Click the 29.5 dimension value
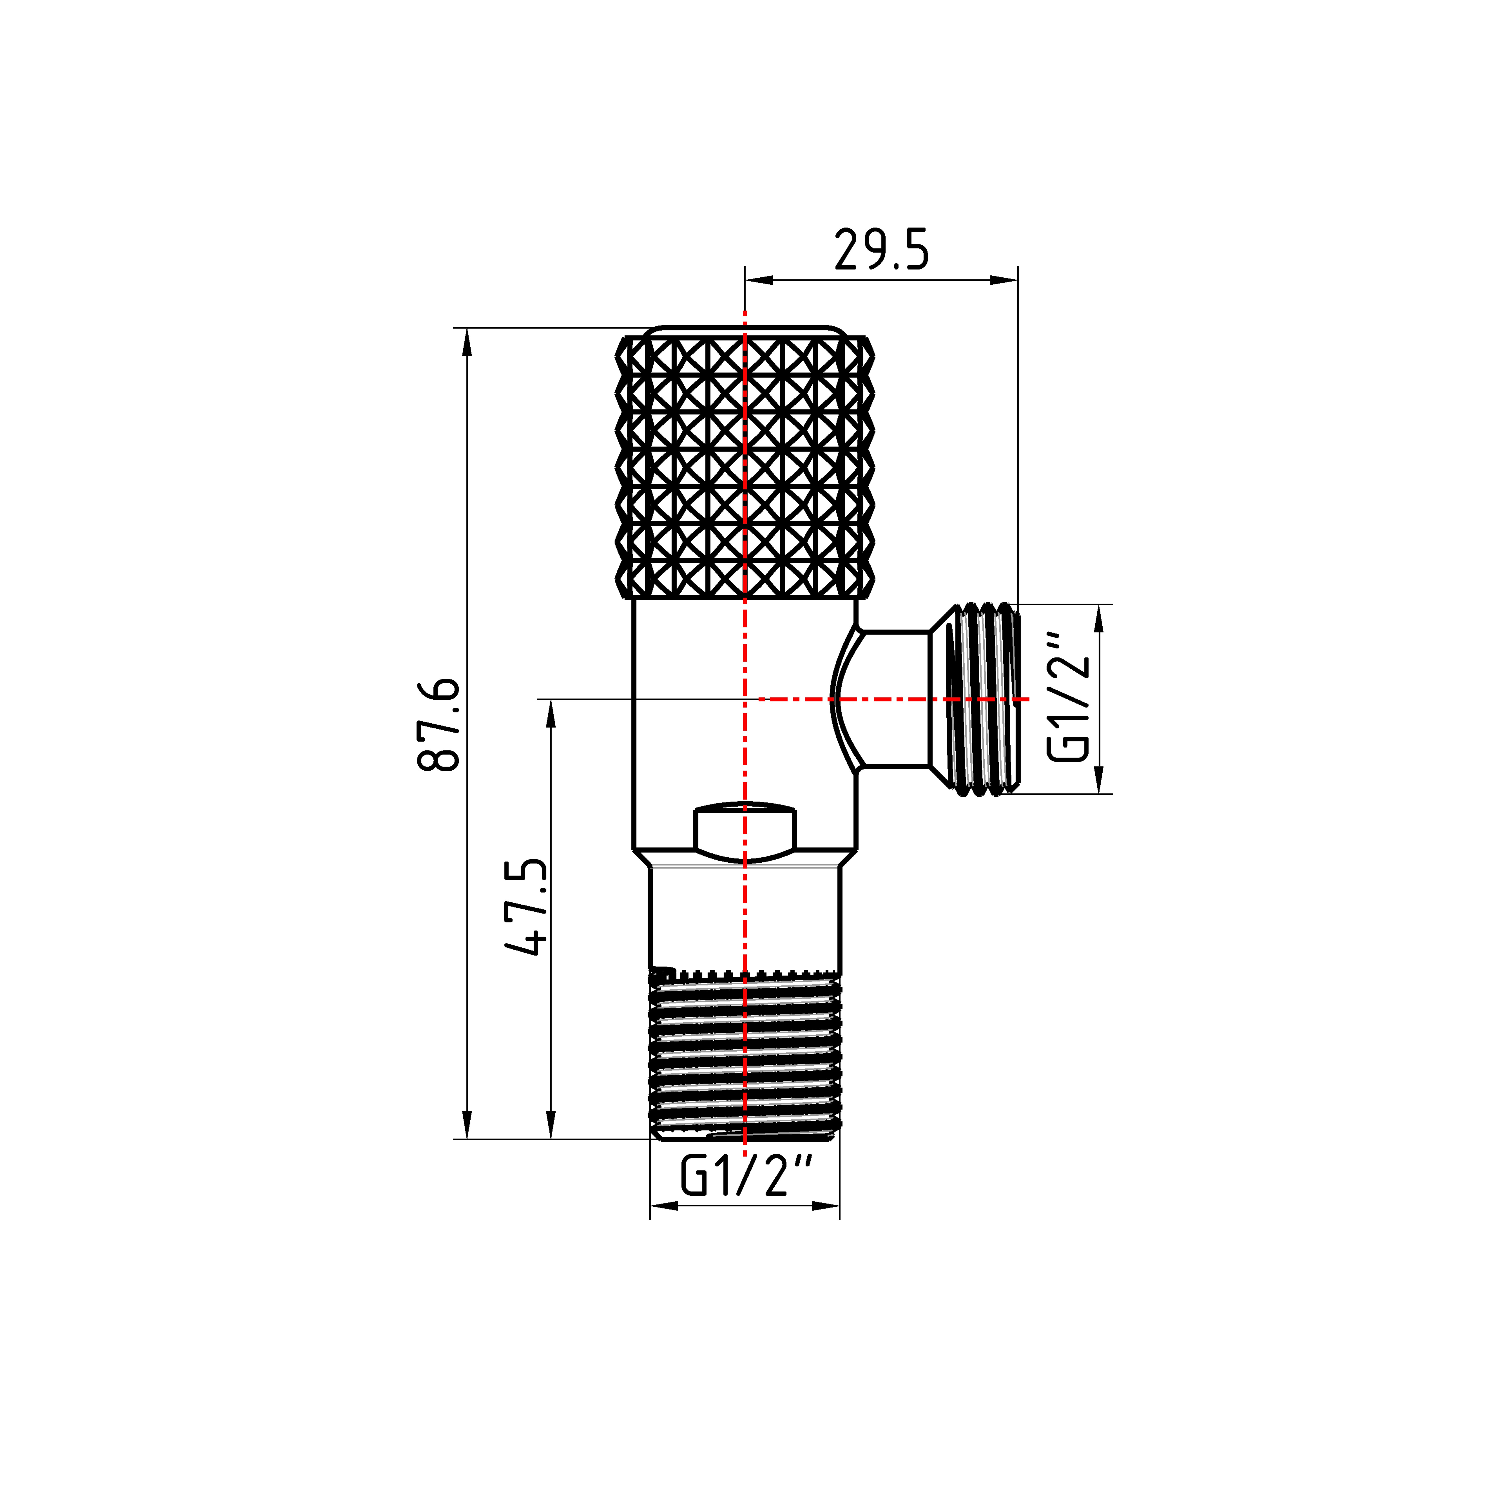point(882,249)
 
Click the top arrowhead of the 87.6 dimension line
point(467,341)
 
